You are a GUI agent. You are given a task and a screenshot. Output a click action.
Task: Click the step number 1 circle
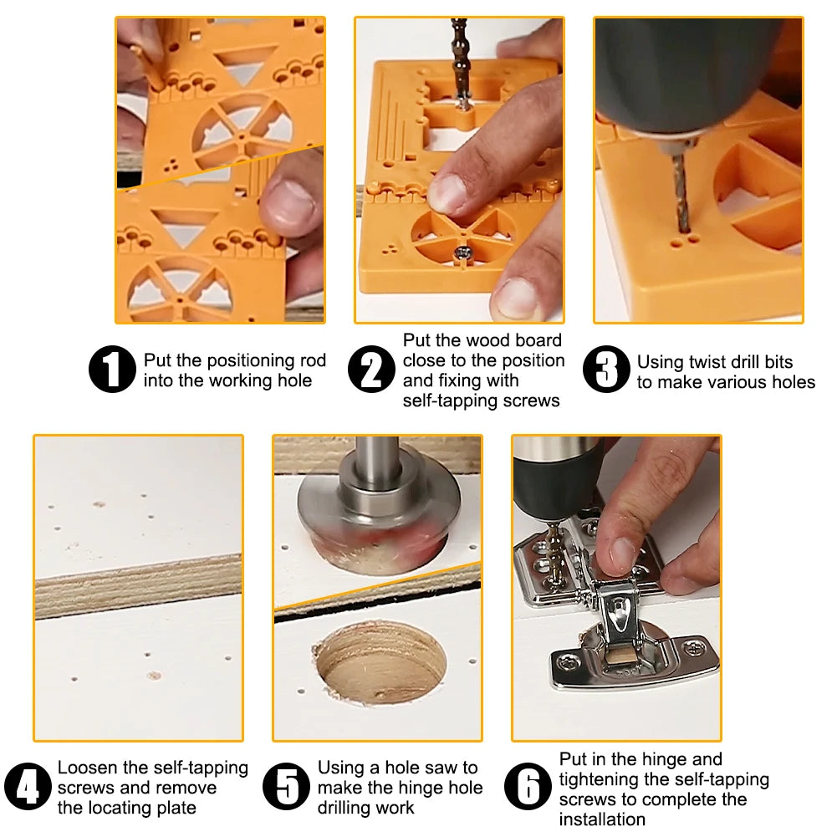pyautogui.click(x=112, y=370)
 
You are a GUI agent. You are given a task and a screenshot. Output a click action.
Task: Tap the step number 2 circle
pyautogui.click(x=371, y=370)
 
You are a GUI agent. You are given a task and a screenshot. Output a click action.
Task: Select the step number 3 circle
pyautogui.click(x=607, y=370)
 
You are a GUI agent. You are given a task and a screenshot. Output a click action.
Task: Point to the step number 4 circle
pyautogui.click(x=28, y=787)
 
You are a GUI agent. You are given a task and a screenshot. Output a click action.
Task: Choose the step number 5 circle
pyautogui.click(x=287, y=787)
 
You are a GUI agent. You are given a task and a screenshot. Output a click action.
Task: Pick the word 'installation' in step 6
pyautogui.click(x=602, y=819)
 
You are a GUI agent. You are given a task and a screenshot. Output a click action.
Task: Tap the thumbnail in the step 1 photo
pyautogui.click(x=285, y=205)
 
